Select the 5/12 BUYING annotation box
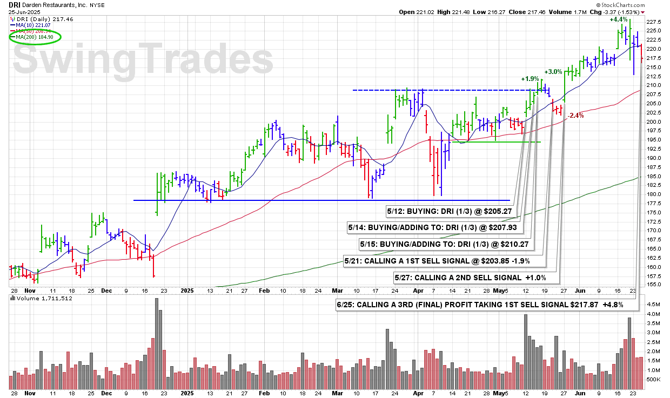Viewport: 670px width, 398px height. (449, 212)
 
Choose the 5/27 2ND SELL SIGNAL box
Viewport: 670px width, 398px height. (471, 278)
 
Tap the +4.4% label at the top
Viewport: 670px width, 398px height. (619, 19)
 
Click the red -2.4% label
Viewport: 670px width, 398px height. (576, 116)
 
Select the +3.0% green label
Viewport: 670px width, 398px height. (553, 71)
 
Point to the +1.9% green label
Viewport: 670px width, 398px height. (530, 79)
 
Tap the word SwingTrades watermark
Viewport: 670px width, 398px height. (144, 59)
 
